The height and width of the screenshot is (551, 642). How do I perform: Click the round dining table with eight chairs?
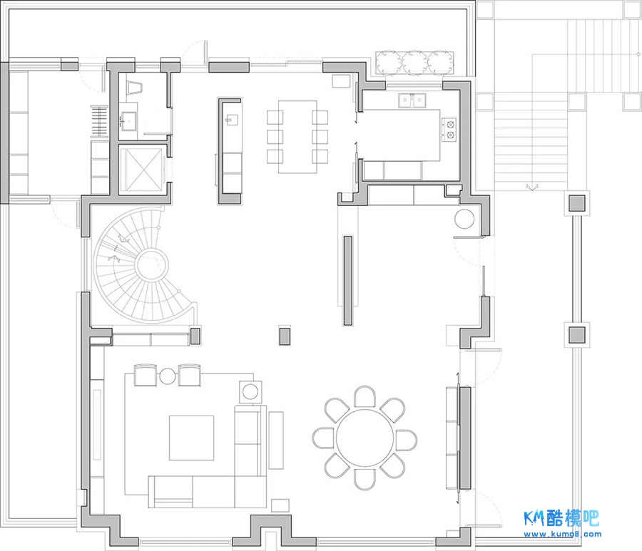[x=365, y=438]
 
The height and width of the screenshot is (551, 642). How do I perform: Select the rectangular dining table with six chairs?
[x=297, y=137]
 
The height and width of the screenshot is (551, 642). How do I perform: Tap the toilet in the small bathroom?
[x=135, y=88]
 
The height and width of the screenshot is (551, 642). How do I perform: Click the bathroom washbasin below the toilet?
[x=128, y=121]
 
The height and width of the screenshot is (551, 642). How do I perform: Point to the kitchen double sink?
[x=412, y=101]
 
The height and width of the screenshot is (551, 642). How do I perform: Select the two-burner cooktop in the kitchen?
[x=449, y=129]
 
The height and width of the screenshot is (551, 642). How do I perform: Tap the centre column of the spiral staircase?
[x=151, y=264]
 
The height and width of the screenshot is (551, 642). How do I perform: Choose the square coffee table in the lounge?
[x=192, y=438]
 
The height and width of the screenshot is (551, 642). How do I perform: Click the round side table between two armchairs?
[x=168, y=376]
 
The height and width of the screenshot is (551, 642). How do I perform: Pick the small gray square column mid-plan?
[x=285, y=336]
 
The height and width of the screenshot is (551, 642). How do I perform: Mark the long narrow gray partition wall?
[x=347, y=281]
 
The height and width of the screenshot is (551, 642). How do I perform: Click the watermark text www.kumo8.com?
[x=563, y=534]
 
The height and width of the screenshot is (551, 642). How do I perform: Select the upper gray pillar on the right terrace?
[x=576, y=203]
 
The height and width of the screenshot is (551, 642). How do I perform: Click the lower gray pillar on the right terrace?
[x=577, y=335]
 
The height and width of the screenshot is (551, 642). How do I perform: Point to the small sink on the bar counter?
[x=232, y=120]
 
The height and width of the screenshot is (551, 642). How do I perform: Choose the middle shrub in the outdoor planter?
[x=414, y=63]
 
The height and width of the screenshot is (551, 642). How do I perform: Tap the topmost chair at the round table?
[x=365, y=396]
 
